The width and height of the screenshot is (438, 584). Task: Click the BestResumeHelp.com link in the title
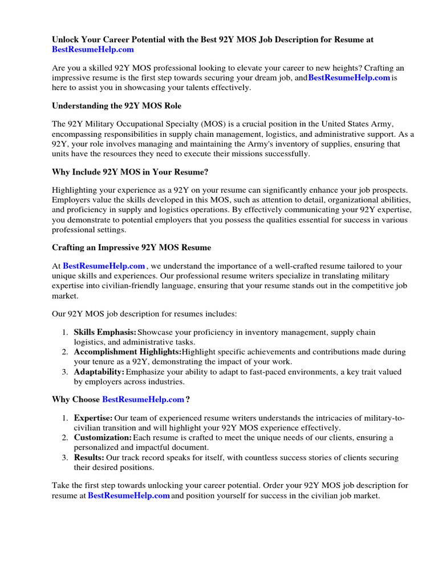[93, 50]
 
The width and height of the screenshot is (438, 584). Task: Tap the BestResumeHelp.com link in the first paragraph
[349, 78]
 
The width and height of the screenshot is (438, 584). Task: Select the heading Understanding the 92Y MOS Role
[112, 106]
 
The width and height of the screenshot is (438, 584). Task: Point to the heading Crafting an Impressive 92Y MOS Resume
[132, 248]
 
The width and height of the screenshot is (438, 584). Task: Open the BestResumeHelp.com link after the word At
[104, 266]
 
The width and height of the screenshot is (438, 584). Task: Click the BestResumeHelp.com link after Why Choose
[143, 399]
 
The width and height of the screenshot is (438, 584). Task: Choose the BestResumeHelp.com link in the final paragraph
[129, 496]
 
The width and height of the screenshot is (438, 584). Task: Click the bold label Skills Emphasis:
[105, 332]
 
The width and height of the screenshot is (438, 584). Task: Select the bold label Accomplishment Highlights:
[125, 352]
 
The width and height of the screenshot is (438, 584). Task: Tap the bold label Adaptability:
[99, 372]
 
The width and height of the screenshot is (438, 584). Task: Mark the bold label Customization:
[103, 437]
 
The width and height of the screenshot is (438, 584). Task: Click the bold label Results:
[90, 457]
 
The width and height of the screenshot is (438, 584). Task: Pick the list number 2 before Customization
[65, 437]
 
